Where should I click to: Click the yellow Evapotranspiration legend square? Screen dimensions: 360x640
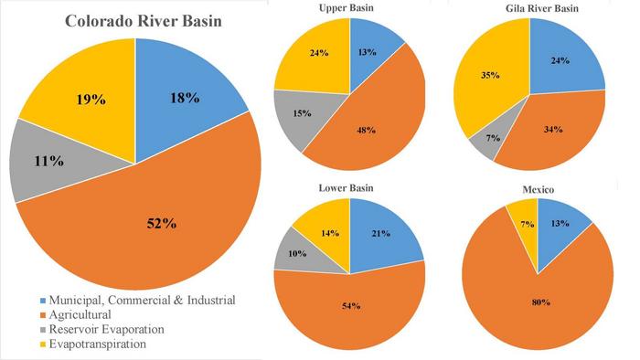coord(69,344)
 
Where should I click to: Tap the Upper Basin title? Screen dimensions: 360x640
coord(320,8)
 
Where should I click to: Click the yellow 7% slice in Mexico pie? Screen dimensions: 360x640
coord(526,224)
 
